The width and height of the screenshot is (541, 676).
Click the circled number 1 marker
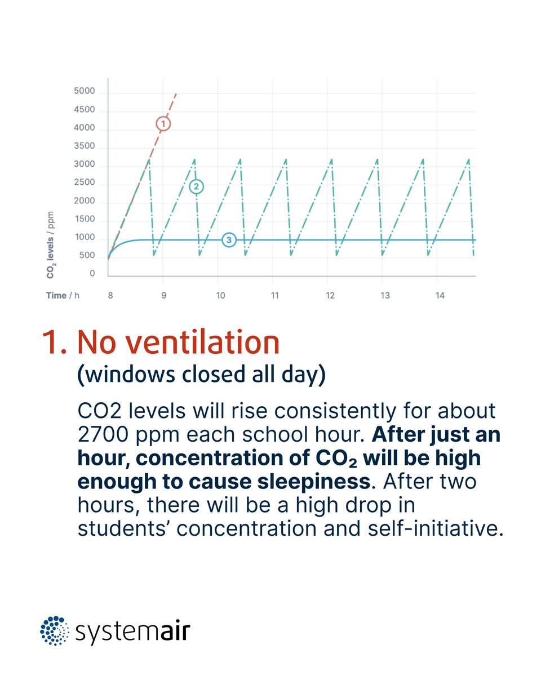click(162, 123)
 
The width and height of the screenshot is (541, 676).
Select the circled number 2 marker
click(196, 186)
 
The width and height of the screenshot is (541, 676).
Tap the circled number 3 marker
click(228, 240)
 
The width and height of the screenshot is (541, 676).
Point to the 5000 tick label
click(85, 92)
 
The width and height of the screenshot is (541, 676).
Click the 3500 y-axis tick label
click(85, 146)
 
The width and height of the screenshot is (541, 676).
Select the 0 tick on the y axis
click(92, 274)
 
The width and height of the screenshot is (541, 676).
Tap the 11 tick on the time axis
click(274, 295)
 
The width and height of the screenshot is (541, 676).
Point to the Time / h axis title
click(63, 295)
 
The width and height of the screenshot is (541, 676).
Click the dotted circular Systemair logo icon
click(54, 630)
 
